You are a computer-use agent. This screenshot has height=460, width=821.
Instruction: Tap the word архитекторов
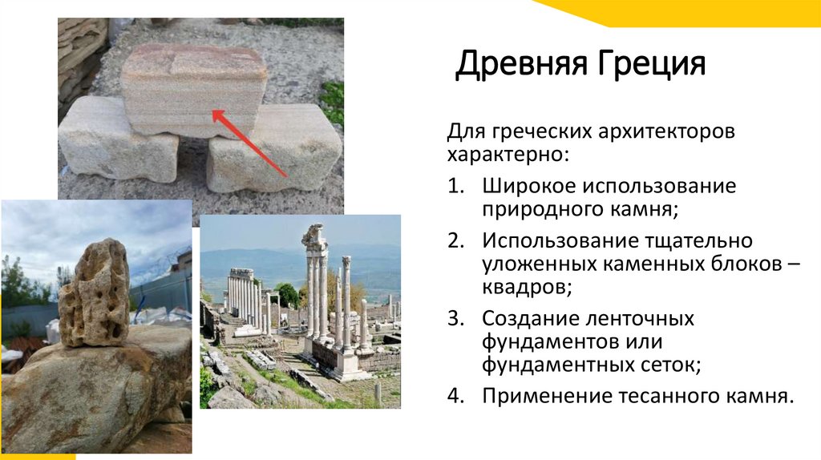(x=660, y=130)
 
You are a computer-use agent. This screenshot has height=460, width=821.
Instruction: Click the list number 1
(x=455, y=187)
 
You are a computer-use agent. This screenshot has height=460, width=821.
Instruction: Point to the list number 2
(x=455, y=240)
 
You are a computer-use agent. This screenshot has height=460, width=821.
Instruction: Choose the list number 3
(x=455, y=318)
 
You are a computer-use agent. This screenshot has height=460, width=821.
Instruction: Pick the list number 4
(x=455, y=395)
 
